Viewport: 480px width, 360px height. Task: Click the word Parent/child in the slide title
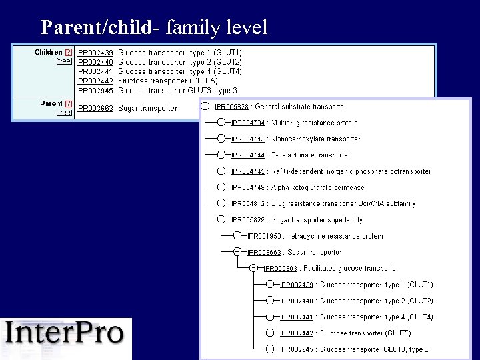[96, 27]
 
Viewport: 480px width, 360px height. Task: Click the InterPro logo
[66, 333]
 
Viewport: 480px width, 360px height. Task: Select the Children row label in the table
[48, 52]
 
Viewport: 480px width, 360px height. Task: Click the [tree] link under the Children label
[64, 61]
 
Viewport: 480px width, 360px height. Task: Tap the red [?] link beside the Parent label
[68, 104]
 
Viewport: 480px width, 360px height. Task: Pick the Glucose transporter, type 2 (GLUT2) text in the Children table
[179, 62]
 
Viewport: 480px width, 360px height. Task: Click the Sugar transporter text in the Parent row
[147, 108]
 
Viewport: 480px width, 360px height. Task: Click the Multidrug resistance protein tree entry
[314, 123]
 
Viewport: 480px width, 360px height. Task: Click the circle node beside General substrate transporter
[205, 106]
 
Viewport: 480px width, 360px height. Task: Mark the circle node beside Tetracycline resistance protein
[237, 236]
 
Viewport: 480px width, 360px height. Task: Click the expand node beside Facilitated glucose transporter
[253, 268]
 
